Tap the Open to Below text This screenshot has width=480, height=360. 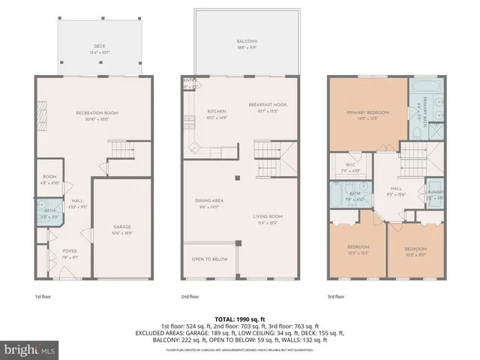210,259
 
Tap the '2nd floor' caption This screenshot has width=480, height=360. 190,296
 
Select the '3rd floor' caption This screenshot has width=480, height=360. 337,296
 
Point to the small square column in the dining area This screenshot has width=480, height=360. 238,178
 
